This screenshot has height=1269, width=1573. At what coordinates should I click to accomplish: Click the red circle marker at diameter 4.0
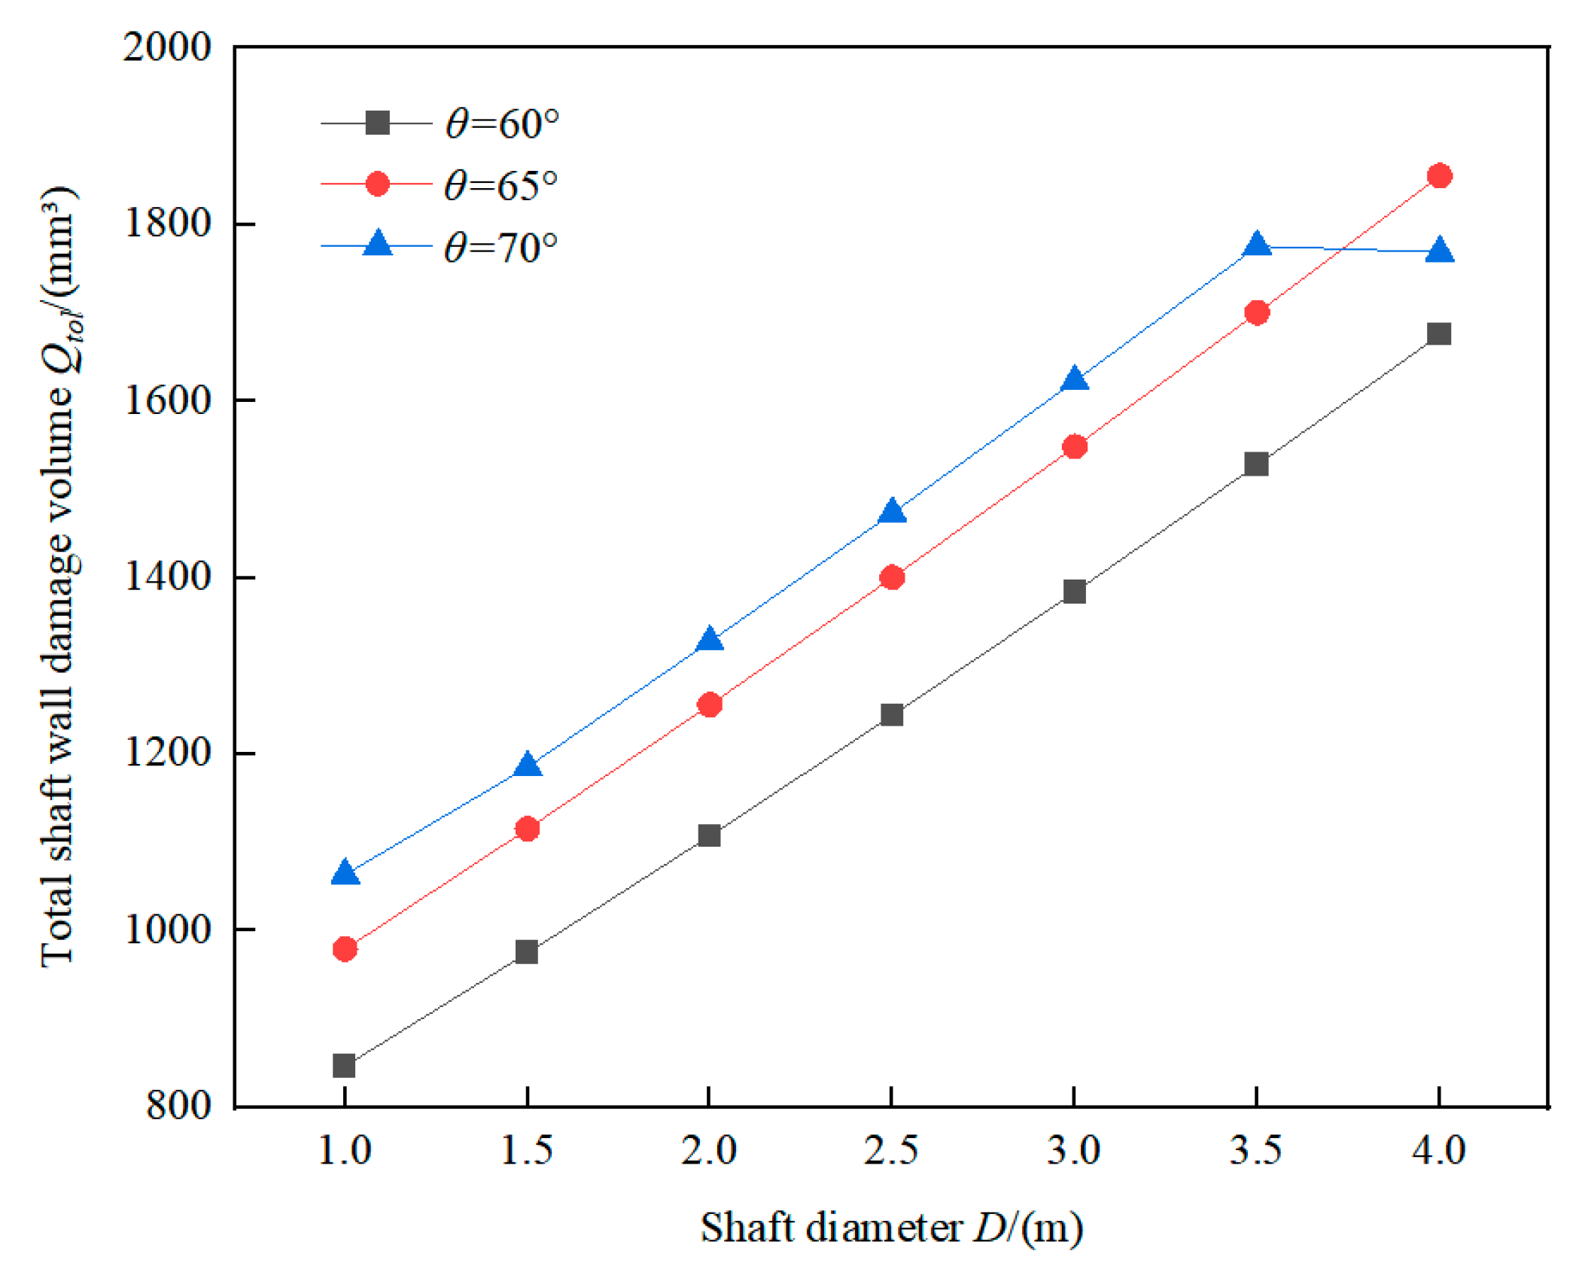pyautogui.click(x=1438, y=176)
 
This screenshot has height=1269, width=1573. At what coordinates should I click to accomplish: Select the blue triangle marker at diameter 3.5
pyautogui.click(x=1255, y=245)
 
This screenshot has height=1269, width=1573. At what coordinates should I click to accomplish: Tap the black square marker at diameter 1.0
pyautogui.click(x=344, y=1065)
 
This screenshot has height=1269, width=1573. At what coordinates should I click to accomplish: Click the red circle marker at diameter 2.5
pyautogui.click(x=891, y=577)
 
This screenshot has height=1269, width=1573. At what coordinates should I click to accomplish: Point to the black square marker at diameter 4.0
pyautogui.click(x=1438, y=333)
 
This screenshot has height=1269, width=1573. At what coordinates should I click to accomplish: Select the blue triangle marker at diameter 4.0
pyautogui.click(x=1438, y=251)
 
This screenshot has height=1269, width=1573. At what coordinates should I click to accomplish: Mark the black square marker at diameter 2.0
pyautogui.click(x=709, y=835)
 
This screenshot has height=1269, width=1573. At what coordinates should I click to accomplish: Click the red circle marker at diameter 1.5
pyautogui.click(x=527, y=829)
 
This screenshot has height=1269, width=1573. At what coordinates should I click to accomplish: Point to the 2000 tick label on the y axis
pyautogui.click(x=166, y=47)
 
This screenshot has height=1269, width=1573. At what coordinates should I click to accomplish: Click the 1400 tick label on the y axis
pyautogui.click(x=166, y=577)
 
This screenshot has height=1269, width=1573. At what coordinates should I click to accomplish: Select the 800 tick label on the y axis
pyautogui.click(x=178, y=1106)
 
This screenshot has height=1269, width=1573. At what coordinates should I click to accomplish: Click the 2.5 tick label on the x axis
pyautogui.click(x=891, y=1149)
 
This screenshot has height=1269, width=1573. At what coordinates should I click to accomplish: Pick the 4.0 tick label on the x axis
pyautogui.click(x=1438, y=1149)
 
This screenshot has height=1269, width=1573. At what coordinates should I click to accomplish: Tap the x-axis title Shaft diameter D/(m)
pyautogui.click(x=891, y=1227)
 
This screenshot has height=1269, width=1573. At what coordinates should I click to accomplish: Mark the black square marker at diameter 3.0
pyautogui.click(x=1074, y=591)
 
